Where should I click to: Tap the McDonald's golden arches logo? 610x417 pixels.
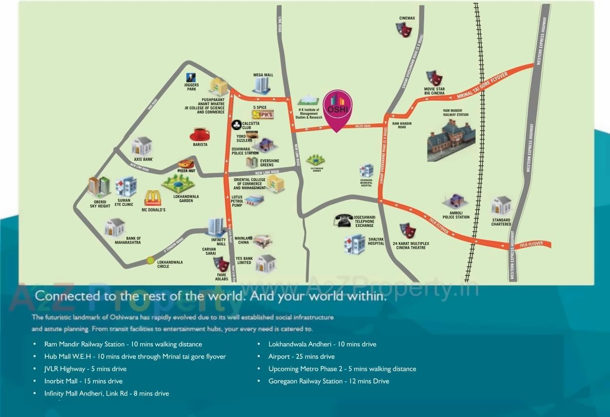click(x=153, y=198)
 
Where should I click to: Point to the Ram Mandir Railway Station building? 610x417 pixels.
click(x=451, y=140)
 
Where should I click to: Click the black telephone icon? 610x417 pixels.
click(x=343, y=221)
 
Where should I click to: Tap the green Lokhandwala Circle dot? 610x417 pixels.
click(x=151, y=260)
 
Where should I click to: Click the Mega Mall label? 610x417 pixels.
click(x=263, y=75)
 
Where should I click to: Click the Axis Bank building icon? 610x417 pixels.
click(x=142, y=146)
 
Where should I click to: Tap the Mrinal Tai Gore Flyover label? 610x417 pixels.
click(x=482, y=86)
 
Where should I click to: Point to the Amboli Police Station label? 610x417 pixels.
click(x=456, y=215)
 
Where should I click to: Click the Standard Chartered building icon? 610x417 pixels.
click(x=501, y=205)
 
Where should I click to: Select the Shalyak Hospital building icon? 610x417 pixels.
click(x=355, y=244)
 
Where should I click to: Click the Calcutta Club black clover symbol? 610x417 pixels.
click(x=236, y=124)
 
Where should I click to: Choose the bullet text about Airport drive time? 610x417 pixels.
click(x=301, y=356)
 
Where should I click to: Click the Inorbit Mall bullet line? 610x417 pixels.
click(x=83, y=381)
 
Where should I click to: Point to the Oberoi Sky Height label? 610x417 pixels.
click(x=100, y=204)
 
